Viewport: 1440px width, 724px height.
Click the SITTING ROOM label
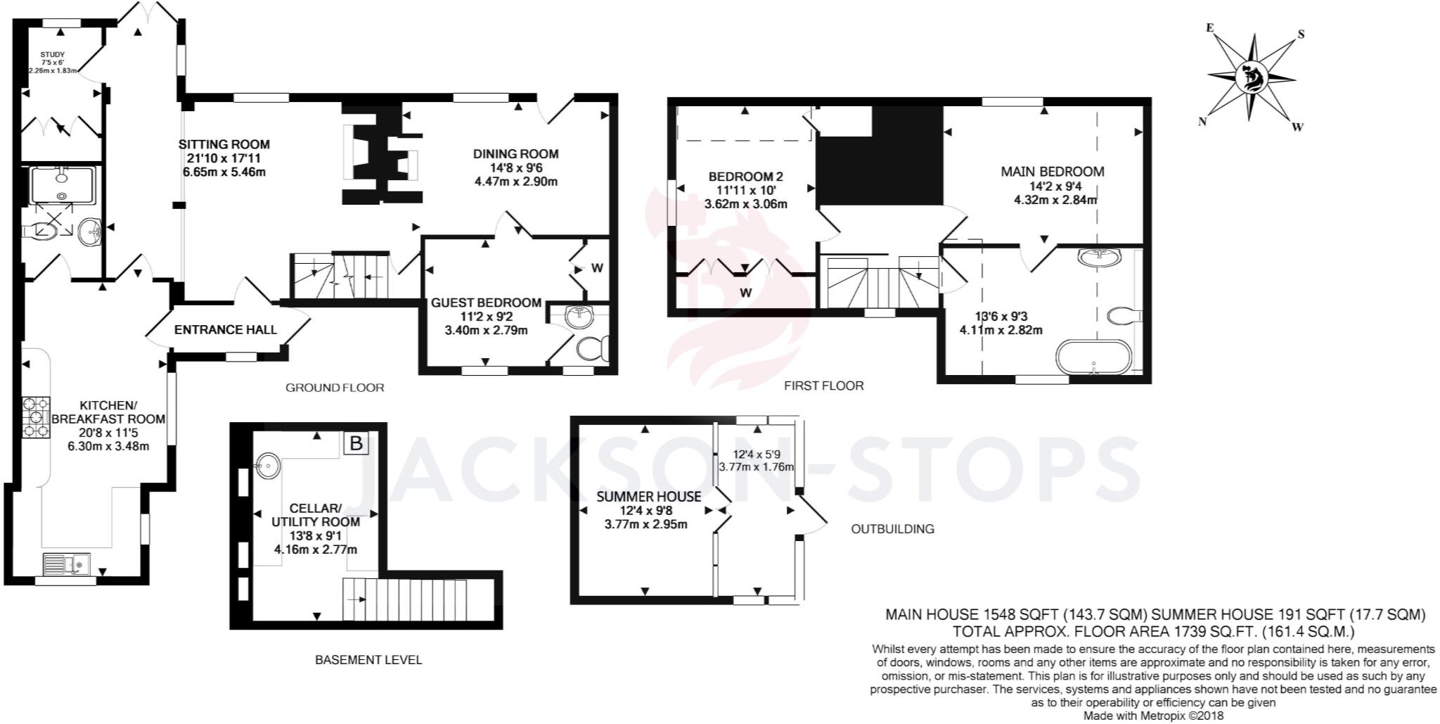pos(224,144)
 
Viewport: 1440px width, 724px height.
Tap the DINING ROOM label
pos(515,154)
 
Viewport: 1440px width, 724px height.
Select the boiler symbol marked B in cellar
pos(356,443)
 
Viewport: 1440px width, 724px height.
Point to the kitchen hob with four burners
pos(36,417)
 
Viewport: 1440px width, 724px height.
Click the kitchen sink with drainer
pos(66,564)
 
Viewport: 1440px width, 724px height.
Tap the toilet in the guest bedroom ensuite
pos(593,348)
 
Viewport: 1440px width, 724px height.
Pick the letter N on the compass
pos(1202,122)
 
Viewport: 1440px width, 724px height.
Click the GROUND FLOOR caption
pos(335,388)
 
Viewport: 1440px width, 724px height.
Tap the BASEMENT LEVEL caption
pos(368,660)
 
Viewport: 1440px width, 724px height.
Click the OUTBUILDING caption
pos(893,529)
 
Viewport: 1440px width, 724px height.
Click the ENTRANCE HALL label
pos(226,329)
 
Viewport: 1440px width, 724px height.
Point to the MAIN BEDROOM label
pos(1053,172)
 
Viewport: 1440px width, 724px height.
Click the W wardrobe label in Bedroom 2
pos(745,292)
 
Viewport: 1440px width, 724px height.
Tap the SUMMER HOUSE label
pos(649,496)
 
